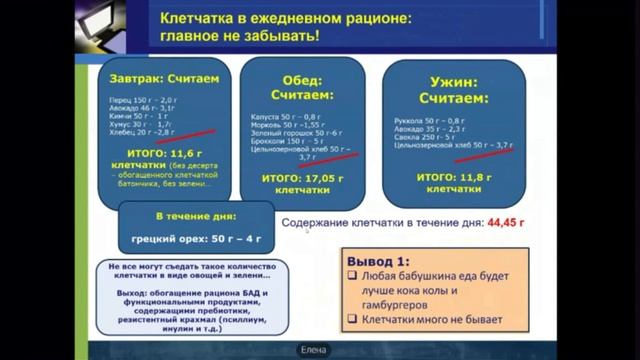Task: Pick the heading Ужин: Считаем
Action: click(x=454, y=87)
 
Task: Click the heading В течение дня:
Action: click(x=181, y=216)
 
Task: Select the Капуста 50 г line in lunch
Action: click(x=277, y=118)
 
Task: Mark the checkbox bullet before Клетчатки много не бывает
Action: click(x=352, y=321)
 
